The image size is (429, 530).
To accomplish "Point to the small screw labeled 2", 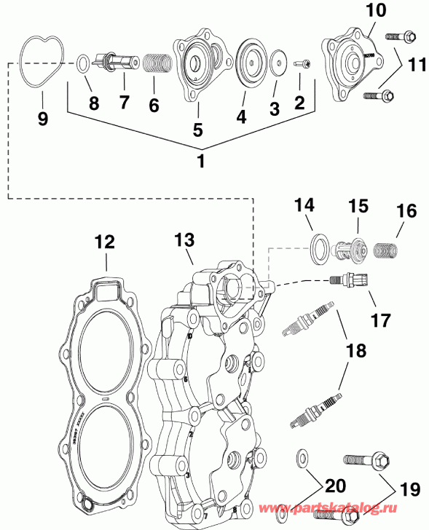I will click(x=302, y=65).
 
